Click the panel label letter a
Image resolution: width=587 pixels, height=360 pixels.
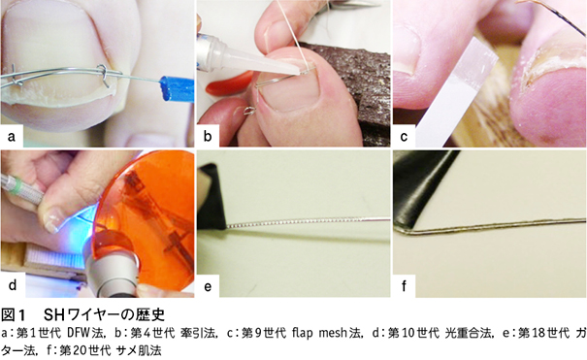pos(12,136)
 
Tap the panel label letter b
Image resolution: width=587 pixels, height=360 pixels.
pos(208,136)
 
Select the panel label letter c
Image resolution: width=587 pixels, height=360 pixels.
pos(404,136)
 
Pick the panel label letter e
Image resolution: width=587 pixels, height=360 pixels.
pos(208,286)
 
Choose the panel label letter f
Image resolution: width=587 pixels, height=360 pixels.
pos(404,285)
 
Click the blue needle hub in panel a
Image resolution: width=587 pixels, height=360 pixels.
pos(177,89)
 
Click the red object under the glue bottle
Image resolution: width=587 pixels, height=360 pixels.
pos(229,83)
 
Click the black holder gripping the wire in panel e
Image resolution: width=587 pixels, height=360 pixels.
pos(212,197)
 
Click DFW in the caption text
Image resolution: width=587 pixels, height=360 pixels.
pos(79,333)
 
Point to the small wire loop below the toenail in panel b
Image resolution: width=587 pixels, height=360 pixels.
pos(249,111)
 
